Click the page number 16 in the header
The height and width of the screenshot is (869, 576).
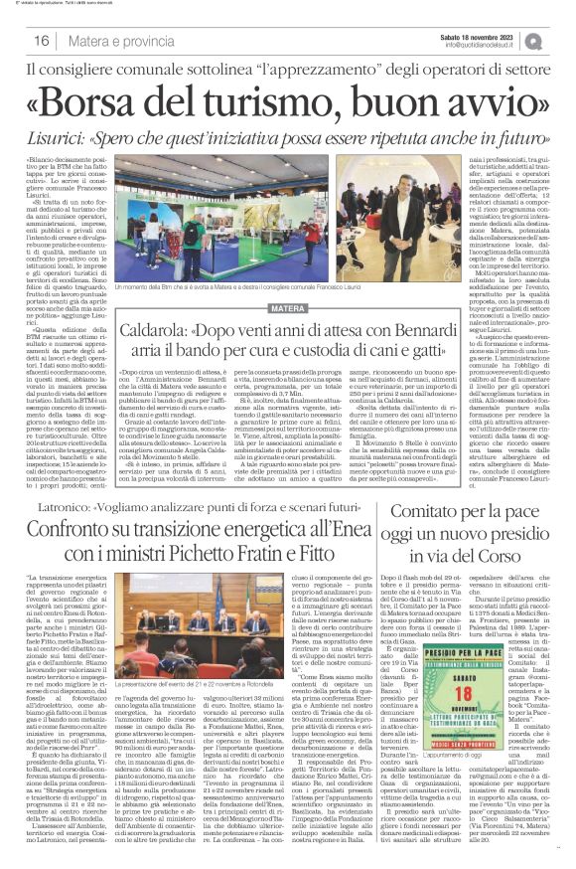[42, 41]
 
